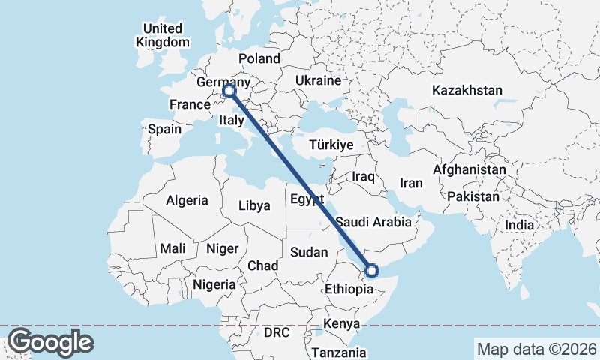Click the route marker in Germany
pos(229,91)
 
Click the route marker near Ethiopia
pos(370,270)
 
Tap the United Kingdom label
pos(163,35)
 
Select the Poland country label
pos(259,58)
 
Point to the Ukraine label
pos(318,80)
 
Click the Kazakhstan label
pos(466,90)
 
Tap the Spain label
pos(164,129)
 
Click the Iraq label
pos(363,176)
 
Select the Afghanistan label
pos(469,170)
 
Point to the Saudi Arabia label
pos(373,222)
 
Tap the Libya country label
pos(254,205)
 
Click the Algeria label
pos(186,200)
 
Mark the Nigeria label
pos(214,284)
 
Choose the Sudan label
pos(309,252)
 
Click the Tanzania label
pos(339,352)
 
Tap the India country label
pos(519,224)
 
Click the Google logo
pos(51,341)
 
